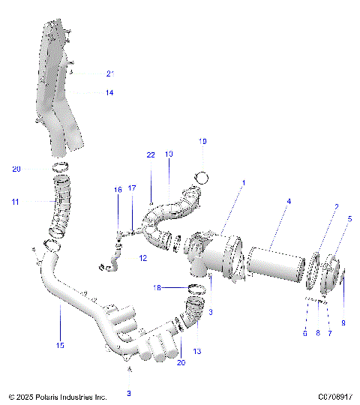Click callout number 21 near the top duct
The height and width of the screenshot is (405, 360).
[x=109, y=73]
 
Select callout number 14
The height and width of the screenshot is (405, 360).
[x=109, y=93]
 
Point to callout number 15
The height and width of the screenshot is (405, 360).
[x=60, y=345]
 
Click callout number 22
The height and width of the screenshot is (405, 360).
[x=151, y=155]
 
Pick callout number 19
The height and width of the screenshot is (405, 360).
[x=202, y=141]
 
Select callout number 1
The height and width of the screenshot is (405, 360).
[x=242, y=182]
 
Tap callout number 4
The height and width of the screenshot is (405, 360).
[x=289, y=201]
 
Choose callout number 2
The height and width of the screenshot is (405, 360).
[x=337, y=206]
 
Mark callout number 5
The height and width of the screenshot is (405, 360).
[x=349, y=219]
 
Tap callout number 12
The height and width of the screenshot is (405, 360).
[x=142, y=258]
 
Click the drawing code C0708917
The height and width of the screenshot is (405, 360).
[x=334, y=396]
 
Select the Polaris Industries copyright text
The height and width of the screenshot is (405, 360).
[x=58, y=396]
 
